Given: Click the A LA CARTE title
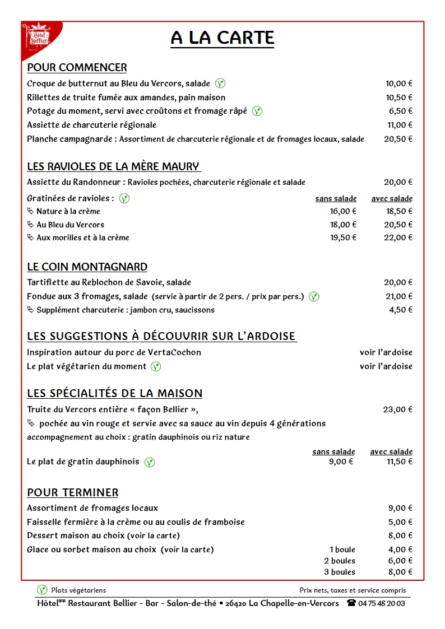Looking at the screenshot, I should [x=222, y=38].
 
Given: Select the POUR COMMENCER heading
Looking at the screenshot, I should [x=77, y=68].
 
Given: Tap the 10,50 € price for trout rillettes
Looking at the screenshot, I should [x=398, y=97].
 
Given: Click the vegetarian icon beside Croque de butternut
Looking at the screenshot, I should [x=221, y=83].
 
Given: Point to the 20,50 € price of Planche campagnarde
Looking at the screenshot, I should [x=398, y=139].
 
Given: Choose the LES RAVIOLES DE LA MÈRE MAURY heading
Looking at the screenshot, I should [x=113, y=166].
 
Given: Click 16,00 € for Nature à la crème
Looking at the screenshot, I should [x=343, y=211].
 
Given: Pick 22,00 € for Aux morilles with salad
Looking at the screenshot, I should [x=398, y=237].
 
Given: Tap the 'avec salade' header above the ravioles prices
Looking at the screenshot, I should [x=392, y=198].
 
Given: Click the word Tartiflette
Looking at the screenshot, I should [x=48, y=282].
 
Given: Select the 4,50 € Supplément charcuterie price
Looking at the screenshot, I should [x=401, y=310].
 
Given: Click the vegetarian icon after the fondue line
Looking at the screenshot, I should [x=314, y=297].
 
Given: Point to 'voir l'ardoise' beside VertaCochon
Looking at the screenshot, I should [x=386, y=352].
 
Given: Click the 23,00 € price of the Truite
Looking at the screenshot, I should [x=398, y=409].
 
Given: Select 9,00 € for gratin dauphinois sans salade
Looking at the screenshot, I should [x=341, y=462].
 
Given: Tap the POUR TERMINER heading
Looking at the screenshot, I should [x=73, y=493].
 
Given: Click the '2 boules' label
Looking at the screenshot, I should [x=340, y=561].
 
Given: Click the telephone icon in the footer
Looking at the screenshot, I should [x=351, y=603].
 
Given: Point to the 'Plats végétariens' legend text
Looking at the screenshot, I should [x=78, y=590].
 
